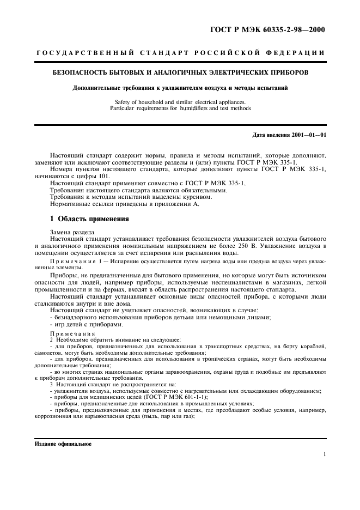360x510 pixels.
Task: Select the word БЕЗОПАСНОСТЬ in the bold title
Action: [81, 72]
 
